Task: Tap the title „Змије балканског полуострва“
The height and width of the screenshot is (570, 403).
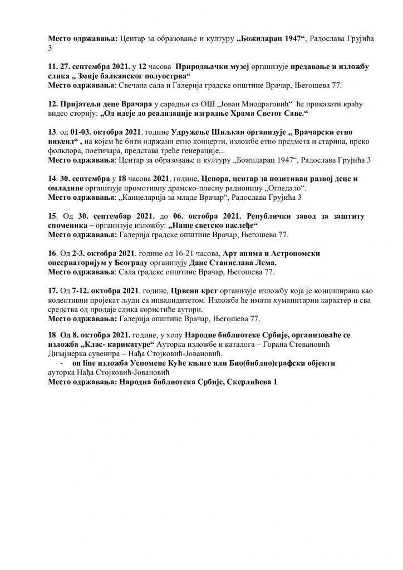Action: (x=129, y=76)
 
